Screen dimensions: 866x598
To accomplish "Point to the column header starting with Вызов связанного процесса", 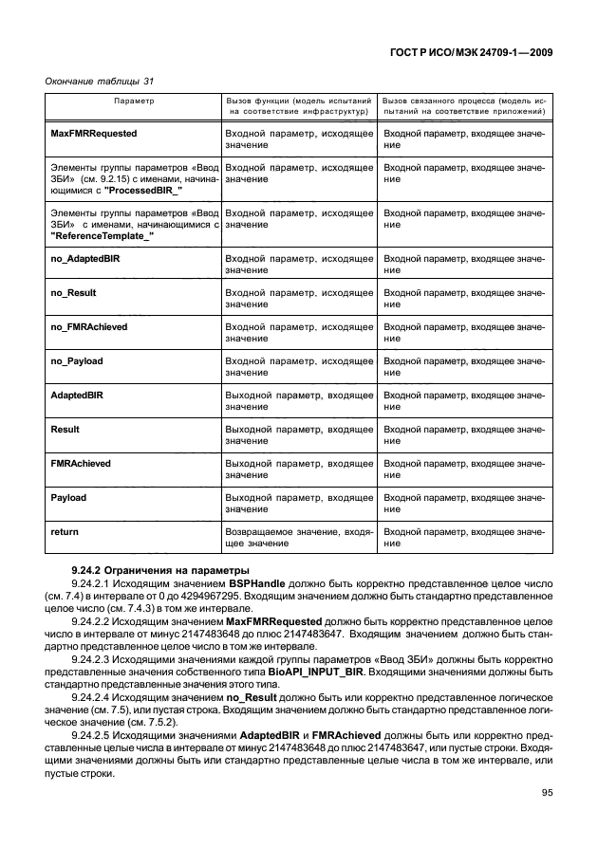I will coord(464,105).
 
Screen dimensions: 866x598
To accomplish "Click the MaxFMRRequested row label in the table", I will coord(93,135).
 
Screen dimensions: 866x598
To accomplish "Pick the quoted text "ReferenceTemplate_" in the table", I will coord(101,235).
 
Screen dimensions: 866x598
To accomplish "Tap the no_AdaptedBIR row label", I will coord(84,258).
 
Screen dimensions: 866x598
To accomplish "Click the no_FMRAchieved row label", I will coord(88,326).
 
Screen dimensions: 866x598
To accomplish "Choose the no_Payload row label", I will coord(76,360).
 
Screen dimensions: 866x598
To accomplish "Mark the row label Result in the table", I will coord(65,429).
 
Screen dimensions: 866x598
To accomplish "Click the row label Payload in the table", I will coord(67,497).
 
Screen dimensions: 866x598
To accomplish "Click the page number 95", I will coord(547,794).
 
